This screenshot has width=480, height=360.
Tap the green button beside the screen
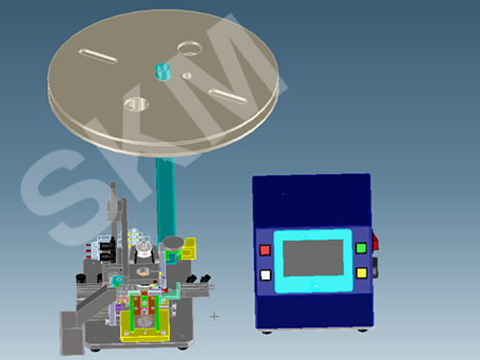(361, 248)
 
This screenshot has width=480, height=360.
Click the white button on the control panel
(266, 276)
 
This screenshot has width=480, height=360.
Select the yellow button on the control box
(362, 273)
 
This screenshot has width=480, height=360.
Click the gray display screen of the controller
(313, 258)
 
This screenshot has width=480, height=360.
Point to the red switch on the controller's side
(374, 242)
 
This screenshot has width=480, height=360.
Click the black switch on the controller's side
(375, 268)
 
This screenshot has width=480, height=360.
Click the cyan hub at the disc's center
(163, 71)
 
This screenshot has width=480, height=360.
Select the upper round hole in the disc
(189, 48)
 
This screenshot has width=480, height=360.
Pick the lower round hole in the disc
(136, 105)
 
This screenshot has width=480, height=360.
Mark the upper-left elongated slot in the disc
(98, 57)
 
